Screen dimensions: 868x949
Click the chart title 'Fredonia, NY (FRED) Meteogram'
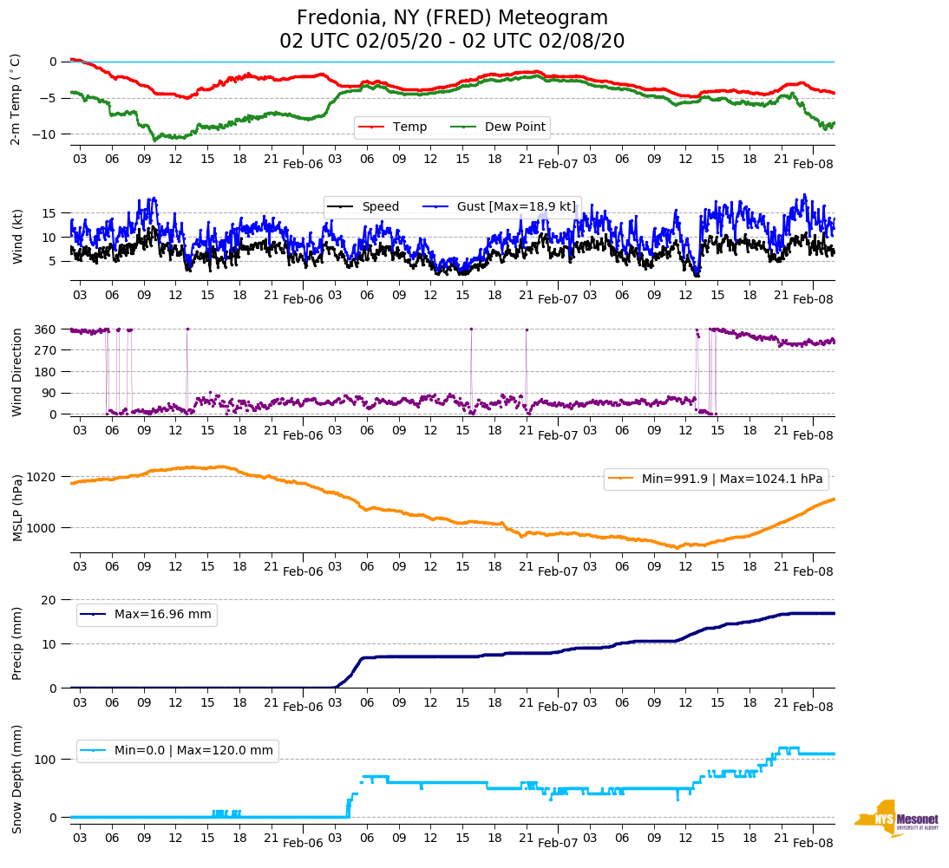(452, 18)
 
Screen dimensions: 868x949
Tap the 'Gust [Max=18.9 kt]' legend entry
(516, 206)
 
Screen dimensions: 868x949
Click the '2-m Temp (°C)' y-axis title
(15, 98)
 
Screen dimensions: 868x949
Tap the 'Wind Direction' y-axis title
(16, 372)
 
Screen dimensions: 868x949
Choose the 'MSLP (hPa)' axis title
(16, 507)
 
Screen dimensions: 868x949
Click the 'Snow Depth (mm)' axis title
(16, 779)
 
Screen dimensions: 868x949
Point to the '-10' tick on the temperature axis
(48, 134)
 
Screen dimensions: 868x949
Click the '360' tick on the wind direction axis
(46, 330)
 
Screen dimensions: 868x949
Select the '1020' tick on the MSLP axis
(43, 477)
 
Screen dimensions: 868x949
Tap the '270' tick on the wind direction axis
(46, 350)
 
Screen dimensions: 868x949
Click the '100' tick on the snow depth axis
(46, 760)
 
